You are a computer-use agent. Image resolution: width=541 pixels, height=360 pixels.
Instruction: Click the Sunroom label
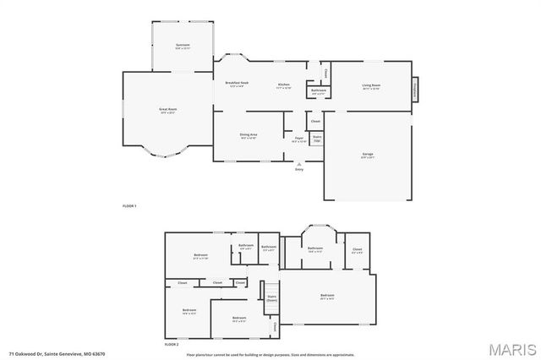pyautogui.click(x=183, y=46)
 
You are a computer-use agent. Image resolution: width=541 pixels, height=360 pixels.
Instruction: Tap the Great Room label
pyautogui.click(x=167, y=110)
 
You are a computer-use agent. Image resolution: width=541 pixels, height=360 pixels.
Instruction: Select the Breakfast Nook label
pyautogui.click(x=237, y=84)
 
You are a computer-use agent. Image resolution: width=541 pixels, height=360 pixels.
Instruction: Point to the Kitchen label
pyautogui.click(x=285, y=85)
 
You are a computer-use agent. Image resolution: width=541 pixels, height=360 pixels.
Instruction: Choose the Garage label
pyautogui.click(x=368, y=155)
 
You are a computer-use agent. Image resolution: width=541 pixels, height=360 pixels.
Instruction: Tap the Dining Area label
pyautogui.click(x=249, y=136)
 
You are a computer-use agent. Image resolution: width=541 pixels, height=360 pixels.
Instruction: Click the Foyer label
pyautogui.click(x=298, y=139)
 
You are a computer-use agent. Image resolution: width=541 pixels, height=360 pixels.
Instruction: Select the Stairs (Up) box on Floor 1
pyautogui.click(x=317, y=138)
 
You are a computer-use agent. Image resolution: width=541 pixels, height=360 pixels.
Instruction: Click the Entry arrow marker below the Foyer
pyautogui.click(x=298, y=164)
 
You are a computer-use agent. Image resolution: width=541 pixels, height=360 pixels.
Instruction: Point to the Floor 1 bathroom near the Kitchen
pyautogui.click(x=318, y=91)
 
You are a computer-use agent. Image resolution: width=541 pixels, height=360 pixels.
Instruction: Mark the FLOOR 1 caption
pyautogui.click(x=129, y=206)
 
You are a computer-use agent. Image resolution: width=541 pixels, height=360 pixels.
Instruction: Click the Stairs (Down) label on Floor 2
pyautogui.click(x=272, y=298)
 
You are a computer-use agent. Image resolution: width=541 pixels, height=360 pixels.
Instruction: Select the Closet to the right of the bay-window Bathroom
pyautogui.click(x=357, y=250)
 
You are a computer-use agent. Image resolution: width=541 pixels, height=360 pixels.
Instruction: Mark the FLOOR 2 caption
pyautogui.click(x=172, y=344)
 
